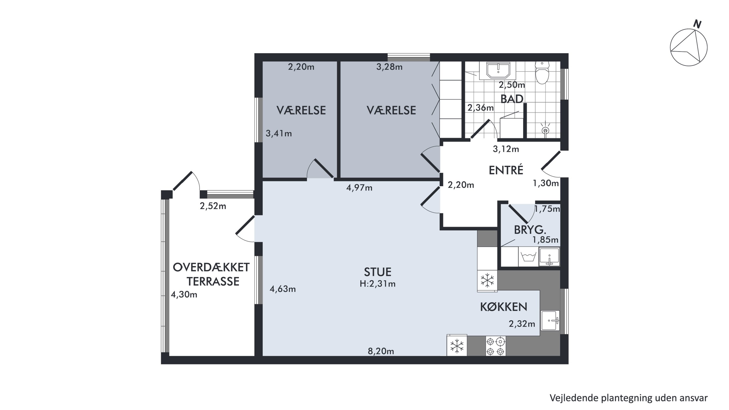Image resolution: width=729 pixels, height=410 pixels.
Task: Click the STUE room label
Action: (378, 272)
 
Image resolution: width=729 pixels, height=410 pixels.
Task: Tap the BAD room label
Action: (512, 99)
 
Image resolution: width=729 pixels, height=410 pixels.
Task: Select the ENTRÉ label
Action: (506, 170)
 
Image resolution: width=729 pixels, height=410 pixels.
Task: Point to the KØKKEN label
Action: (503, 307)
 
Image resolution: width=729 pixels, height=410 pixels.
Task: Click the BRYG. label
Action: (526, 230)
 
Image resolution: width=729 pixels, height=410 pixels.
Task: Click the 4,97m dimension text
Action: (359, 188)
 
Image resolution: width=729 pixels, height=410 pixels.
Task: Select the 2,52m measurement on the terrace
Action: (213, 206)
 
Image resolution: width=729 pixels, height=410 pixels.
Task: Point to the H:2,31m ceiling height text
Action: (378, 284)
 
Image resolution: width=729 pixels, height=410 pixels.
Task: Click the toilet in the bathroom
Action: (542, 73)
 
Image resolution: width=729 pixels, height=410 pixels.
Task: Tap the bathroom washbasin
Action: (498, 70)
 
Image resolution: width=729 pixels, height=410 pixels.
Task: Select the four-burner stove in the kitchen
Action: (495, 346)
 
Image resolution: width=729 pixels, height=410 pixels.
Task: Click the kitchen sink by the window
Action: (550, 320)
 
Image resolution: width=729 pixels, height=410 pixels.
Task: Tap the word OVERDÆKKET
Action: (211, 267)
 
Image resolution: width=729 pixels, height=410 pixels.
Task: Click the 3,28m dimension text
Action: (389, 67)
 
